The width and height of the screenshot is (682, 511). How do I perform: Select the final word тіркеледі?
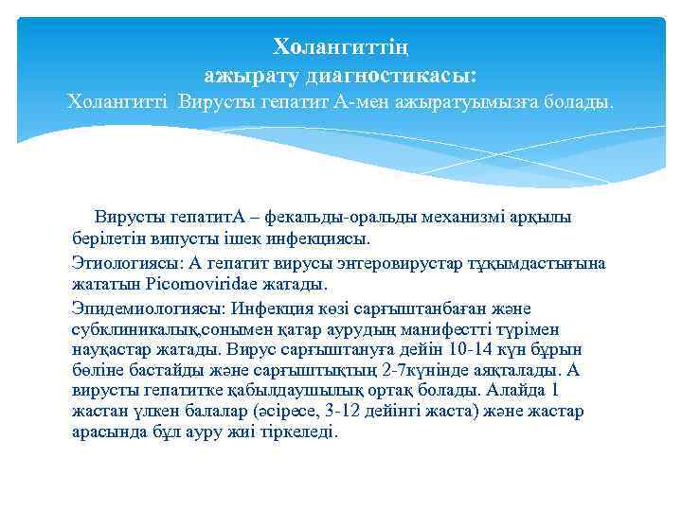[302, 432]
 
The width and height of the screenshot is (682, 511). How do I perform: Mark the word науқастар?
[110, 348]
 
